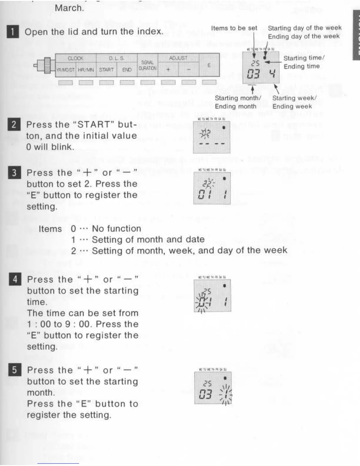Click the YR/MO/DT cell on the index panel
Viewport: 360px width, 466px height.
tap(65, 70)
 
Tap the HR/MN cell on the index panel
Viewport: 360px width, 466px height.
tap(86, 70)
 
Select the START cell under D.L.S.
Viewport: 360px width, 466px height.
tap(106, 70)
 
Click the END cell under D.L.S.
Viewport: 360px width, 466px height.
tap(127, 70)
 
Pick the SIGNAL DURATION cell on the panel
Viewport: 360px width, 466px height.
tap(147, 65)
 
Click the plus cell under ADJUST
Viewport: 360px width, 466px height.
tap(168, 70)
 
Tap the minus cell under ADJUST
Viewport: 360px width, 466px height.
tap(189, 70)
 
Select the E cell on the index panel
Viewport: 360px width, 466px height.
tap(209, 65)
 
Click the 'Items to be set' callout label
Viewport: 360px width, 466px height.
tap(234, 28)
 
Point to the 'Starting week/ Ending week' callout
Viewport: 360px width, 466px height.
tap(294, 102)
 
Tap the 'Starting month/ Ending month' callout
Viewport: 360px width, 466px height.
tap(238, 102)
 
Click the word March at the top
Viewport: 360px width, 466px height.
tap(69, 8)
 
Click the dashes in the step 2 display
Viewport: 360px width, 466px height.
tap(212, 144)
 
